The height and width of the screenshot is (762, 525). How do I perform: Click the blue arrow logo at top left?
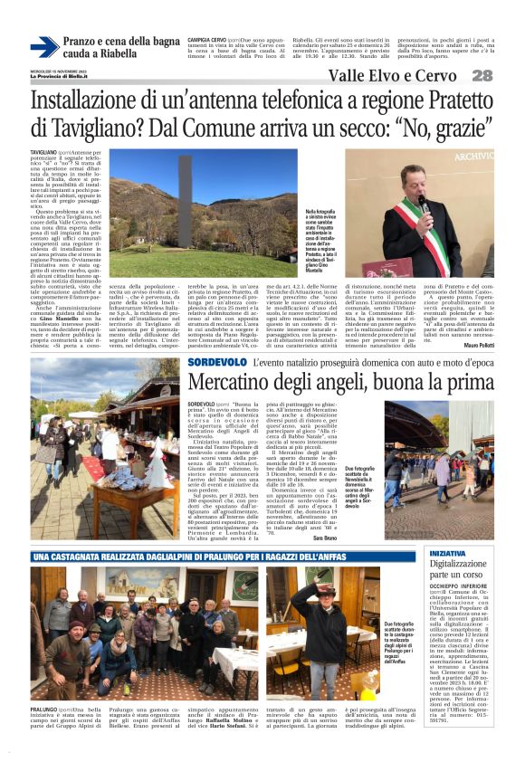43,46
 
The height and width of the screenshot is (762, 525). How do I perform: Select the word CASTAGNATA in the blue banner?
73,556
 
